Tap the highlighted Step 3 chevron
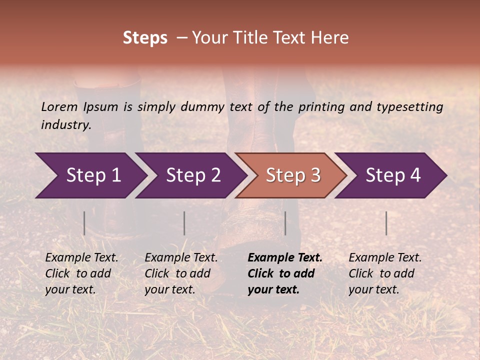[x=293, y=175]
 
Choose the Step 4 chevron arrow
[x=393, y=175]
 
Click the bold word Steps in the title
[x=145, y=38]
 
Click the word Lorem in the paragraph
[x=59, y=107]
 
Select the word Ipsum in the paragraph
[x=101, y=107]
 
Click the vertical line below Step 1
[x=84, y=223]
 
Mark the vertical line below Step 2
[x=184, y=223]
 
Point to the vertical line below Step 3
[x=285, y=223]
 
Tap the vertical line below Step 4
[x=386, y=223]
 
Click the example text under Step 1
[x=81, y=273]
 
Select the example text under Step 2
[x=181, y=273]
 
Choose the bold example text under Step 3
[x=285, y=273]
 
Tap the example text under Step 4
[x=385, y=273]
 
